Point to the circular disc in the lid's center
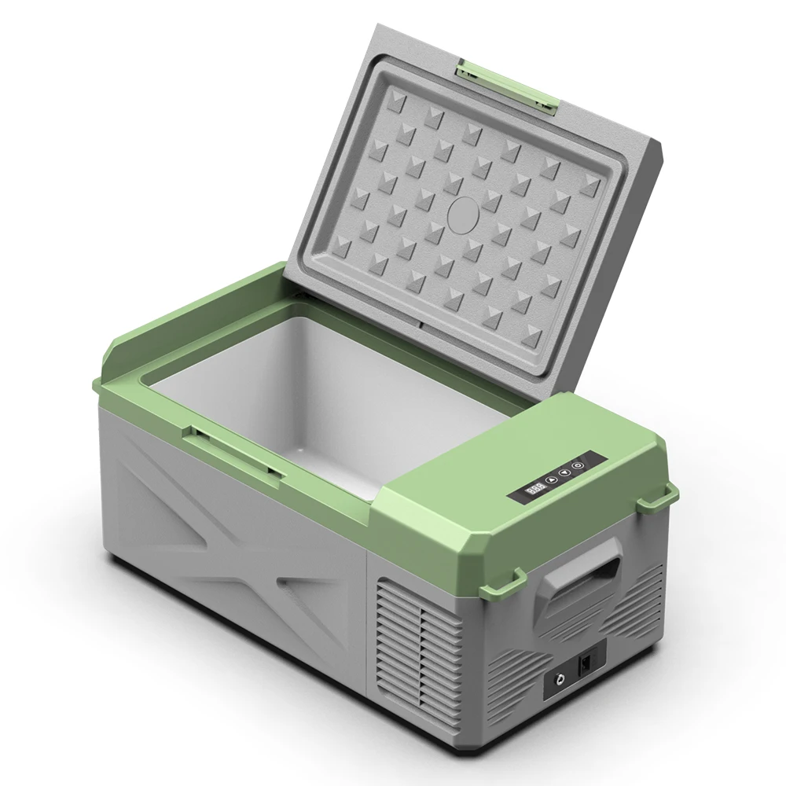(463, 212)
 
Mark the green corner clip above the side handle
(657, 497)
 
